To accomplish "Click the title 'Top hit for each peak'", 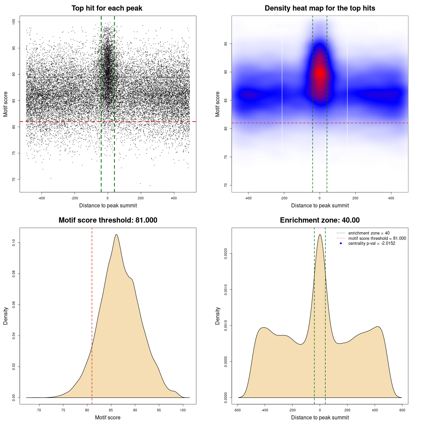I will point(107,8).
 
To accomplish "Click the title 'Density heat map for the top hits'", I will point(320,8).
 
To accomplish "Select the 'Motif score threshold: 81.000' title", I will point(108,220).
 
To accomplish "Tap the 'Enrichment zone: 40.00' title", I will point(320,220).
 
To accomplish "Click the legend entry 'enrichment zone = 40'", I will point(369,233).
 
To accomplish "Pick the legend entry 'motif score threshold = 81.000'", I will point(377,238).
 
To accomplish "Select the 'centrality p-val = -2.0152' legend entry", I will point(372,243).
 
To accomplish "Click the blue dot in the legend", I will point(341,243).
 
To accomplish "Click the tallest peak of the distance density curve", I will point(320,235).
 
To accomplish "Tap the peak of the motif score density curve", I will point(116,235).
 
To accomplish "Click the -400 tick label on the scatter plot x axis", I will point(41,198).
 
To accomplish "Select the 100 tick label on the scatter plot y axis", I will point(14,22).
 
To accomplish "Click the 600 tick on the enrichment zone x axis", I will point(402,410).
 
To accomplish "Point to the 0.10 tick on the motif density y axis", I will point(14,243).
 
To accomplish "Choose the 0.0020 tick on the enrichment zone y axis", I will point(226,254).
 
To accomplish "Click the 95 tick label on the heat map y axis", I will point(226,44).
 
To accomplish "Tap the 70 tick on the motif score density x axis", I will point(39,410).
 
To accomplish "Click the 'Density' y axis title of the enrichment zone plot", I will point(218,316).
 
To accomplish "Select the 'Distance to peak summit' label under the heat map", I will point(320,206).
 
